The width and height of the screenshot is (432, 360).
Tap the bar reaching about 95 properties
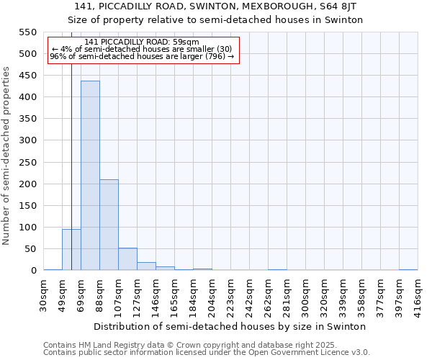71,249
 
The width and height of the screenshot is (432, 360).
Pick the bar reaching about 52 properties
127,258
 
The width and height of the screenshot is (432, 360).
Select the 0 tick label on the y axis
33,271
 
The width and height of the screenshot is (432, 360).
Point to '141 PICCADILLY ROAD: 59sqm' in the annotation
141,42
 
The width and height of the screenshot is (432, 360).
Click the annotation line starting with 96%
142,56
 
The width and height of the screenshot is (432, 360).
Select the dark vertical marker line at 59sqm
71,144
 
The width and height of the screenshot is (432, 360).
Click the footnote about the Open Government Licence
207,353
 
